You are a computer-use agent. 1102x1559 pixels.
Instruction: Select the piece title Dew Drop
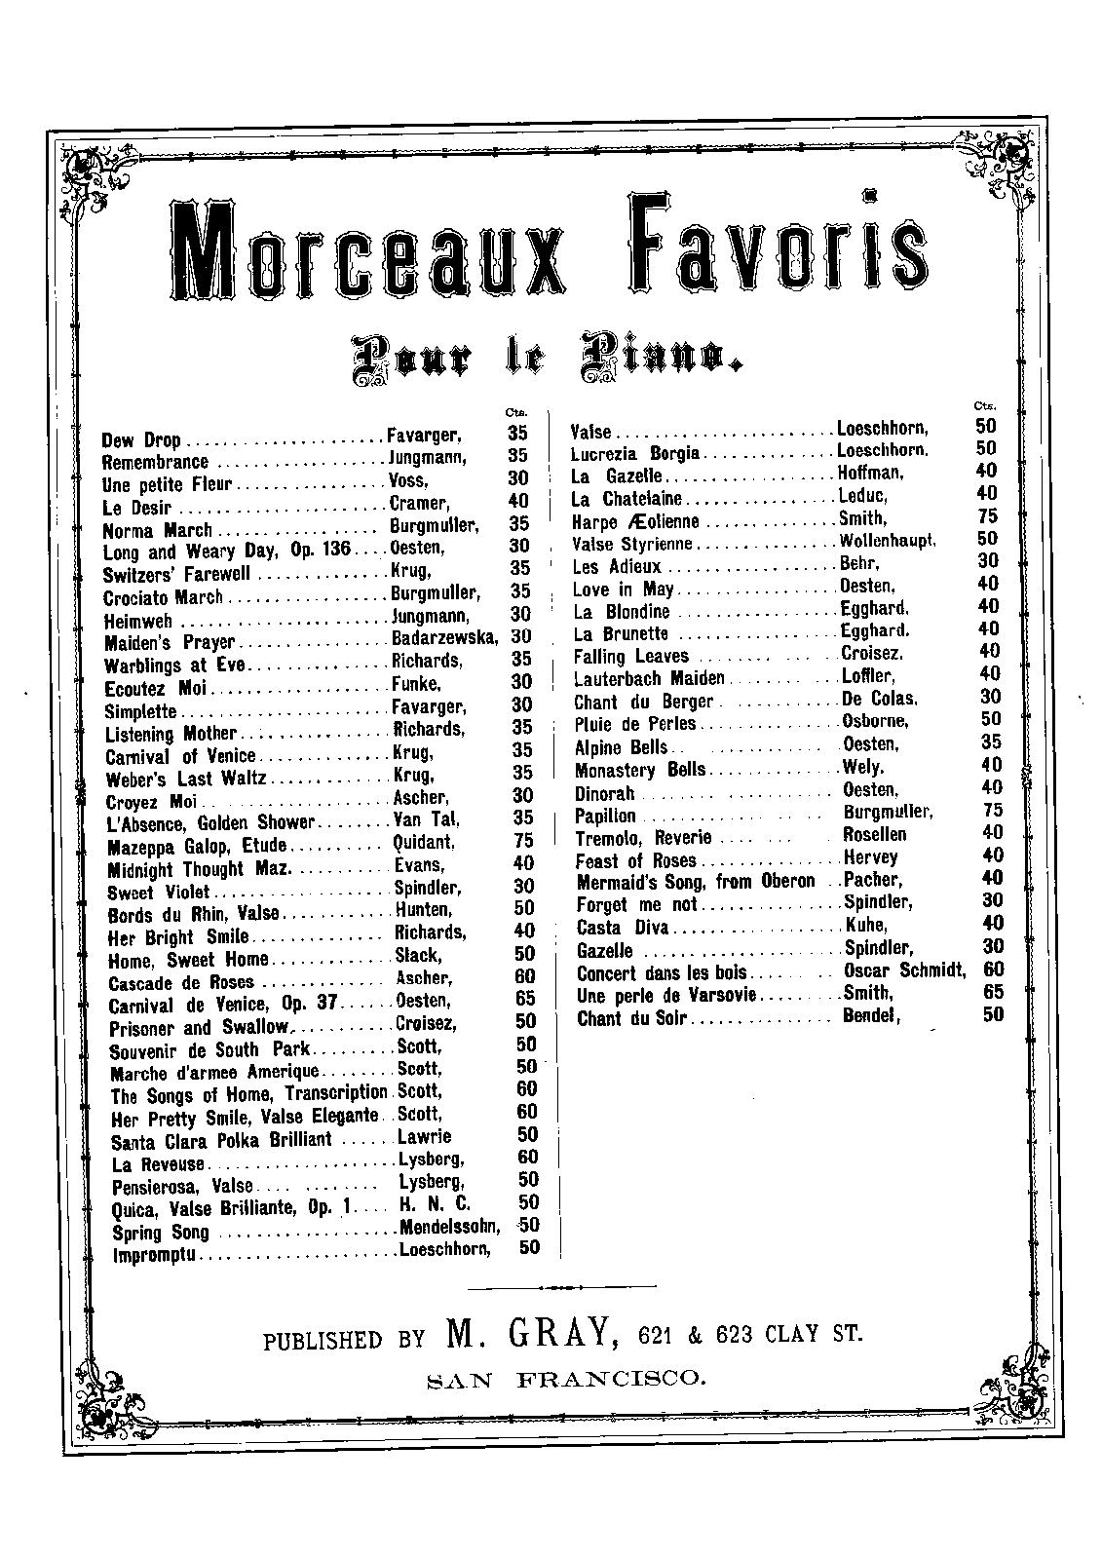pyautogui.click(x=141, y=439)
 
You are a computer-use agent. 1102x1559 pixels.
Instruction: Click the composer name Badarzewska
pyautogui.click(x=443, y=638)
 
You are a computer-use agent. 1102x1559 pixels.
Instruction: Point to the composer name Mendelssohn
pyautogui.click(x=449, y=1226)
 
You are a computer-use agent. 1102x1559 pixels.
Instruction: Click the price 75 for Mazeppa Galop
pyautogui.click(x=523, y=841)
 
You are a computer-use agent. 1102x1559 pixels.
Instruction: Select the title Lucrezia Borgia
pyautogui.click(x=635, y=453)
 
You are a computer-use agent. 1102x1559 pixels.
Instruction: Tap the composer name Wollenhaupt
pyautogui.click(x=888, y=540)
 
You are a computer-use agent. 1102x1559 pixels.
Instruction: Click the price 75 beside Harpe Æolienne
pyautogui.click(x=987, y=516)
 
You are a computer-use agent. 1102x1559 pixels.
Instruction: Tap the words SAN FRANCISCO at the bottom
pyautogui.click(x=564, y=1379)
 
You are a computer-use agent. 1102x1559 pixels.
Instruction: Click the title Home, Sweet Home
pyautogui.click(x=174, y=960)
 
